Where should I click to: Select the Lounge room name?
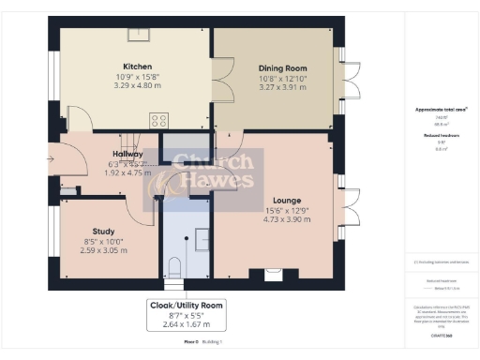[x=286, y=201]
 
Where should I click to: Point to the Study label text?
[x=103, y=232]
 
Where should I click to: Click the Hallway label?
[x=127, y=154]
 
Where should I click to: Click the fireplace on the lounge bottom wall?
[x=273, y=274]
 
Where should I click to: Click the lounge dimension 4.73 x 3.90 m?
[x=286, y=219]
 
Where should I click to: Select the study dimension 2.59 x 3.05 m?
[x=103, y=250]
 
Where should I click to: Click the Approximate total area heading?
[x=441, y=110]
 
